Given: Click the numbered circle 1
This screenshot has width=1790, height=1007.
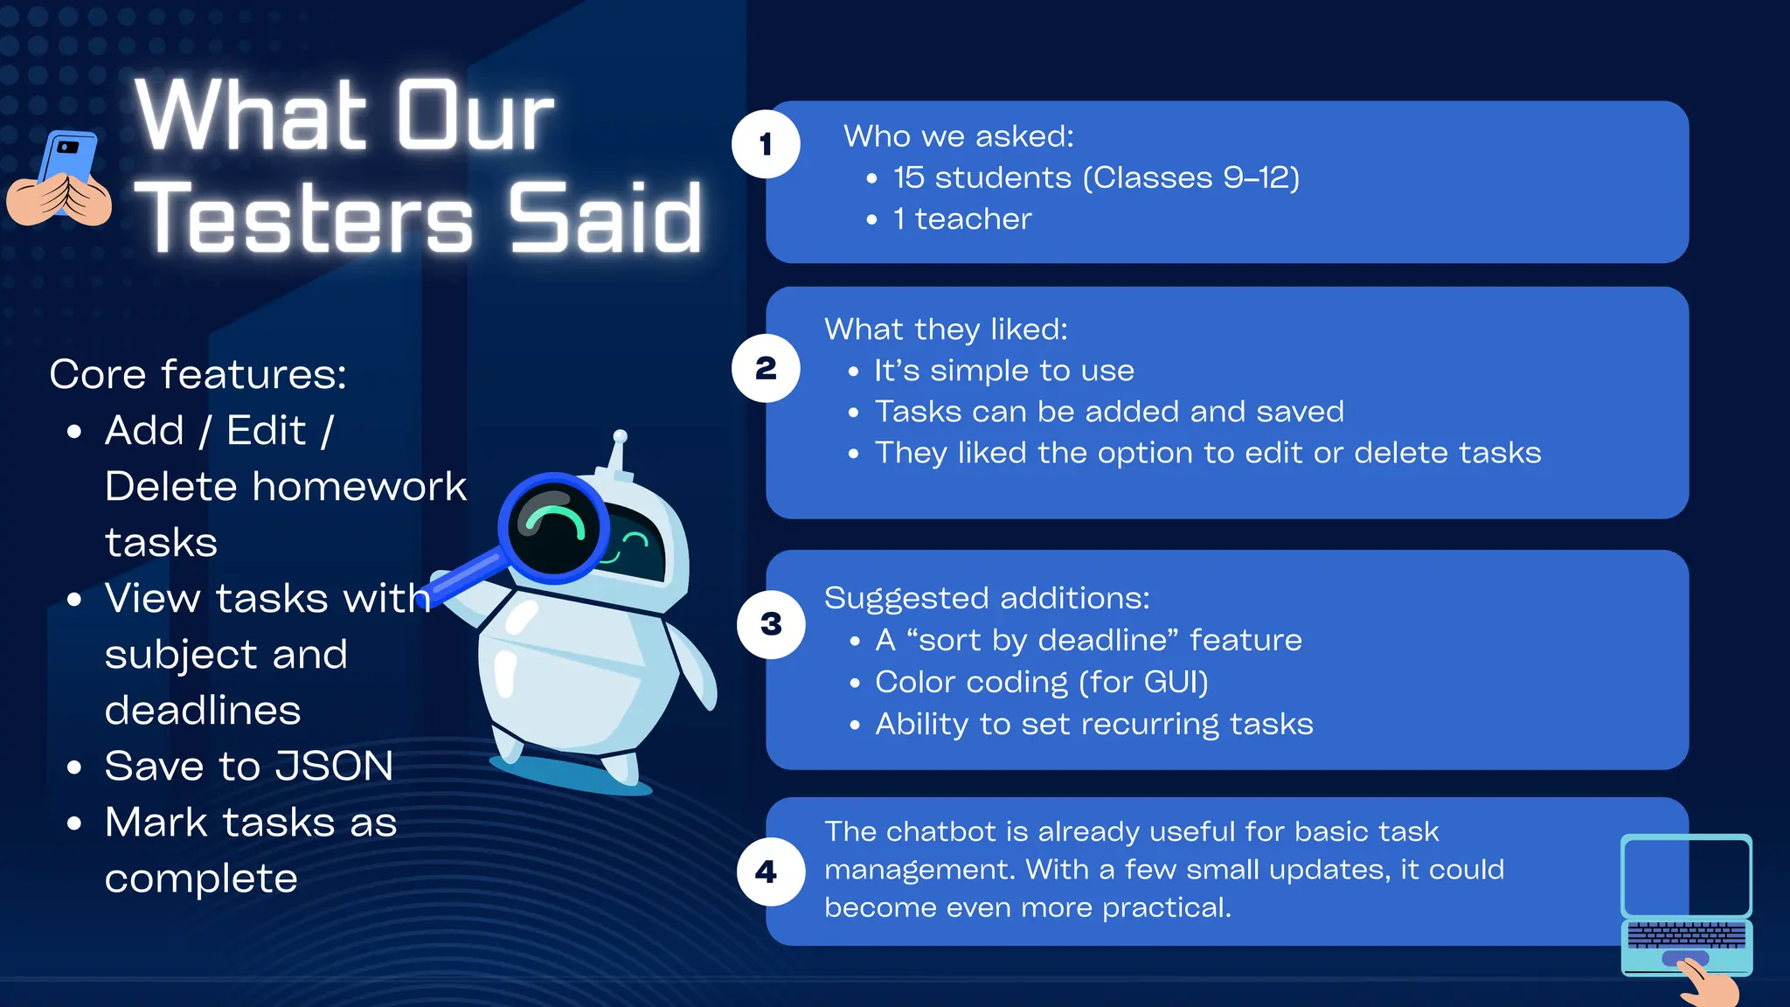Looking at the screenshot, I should click(766, 144).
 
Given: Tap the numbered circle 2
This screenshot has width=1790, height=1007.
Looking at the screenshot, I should click(766, 368).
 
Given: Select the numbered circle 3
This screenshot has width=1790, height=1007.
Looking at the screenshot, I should click(771, 624).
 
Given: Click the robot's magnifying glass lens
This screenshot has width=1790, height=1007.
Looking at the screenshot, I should click(553, 528).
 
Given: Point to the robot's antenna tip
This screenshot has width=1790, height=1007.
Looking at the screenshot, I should click(620, 436).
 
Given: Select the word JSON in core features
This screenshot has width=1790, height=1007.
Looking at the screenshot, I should click(336, 767).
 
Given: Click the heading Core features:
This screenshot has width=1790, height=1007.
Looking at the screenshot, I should click(198, 374).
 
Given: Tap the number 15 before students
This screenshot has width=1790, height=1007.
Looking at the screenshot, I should click(908, 177).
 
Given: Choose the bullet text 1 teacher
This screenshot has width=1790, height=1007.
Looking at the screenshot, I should click(961, 219).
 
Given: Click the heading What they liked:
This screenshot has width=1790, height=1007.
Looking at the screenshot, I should click(946, 330).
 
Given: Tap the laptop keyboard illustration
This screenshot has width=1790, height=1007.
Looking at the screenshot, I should click(1686, 935).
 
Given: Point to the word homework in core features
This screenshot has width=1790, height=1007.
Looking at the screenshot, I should click(359, 487).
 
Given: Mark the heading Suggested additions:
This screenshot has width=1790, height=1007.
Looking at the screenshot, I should click(987, 599).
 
